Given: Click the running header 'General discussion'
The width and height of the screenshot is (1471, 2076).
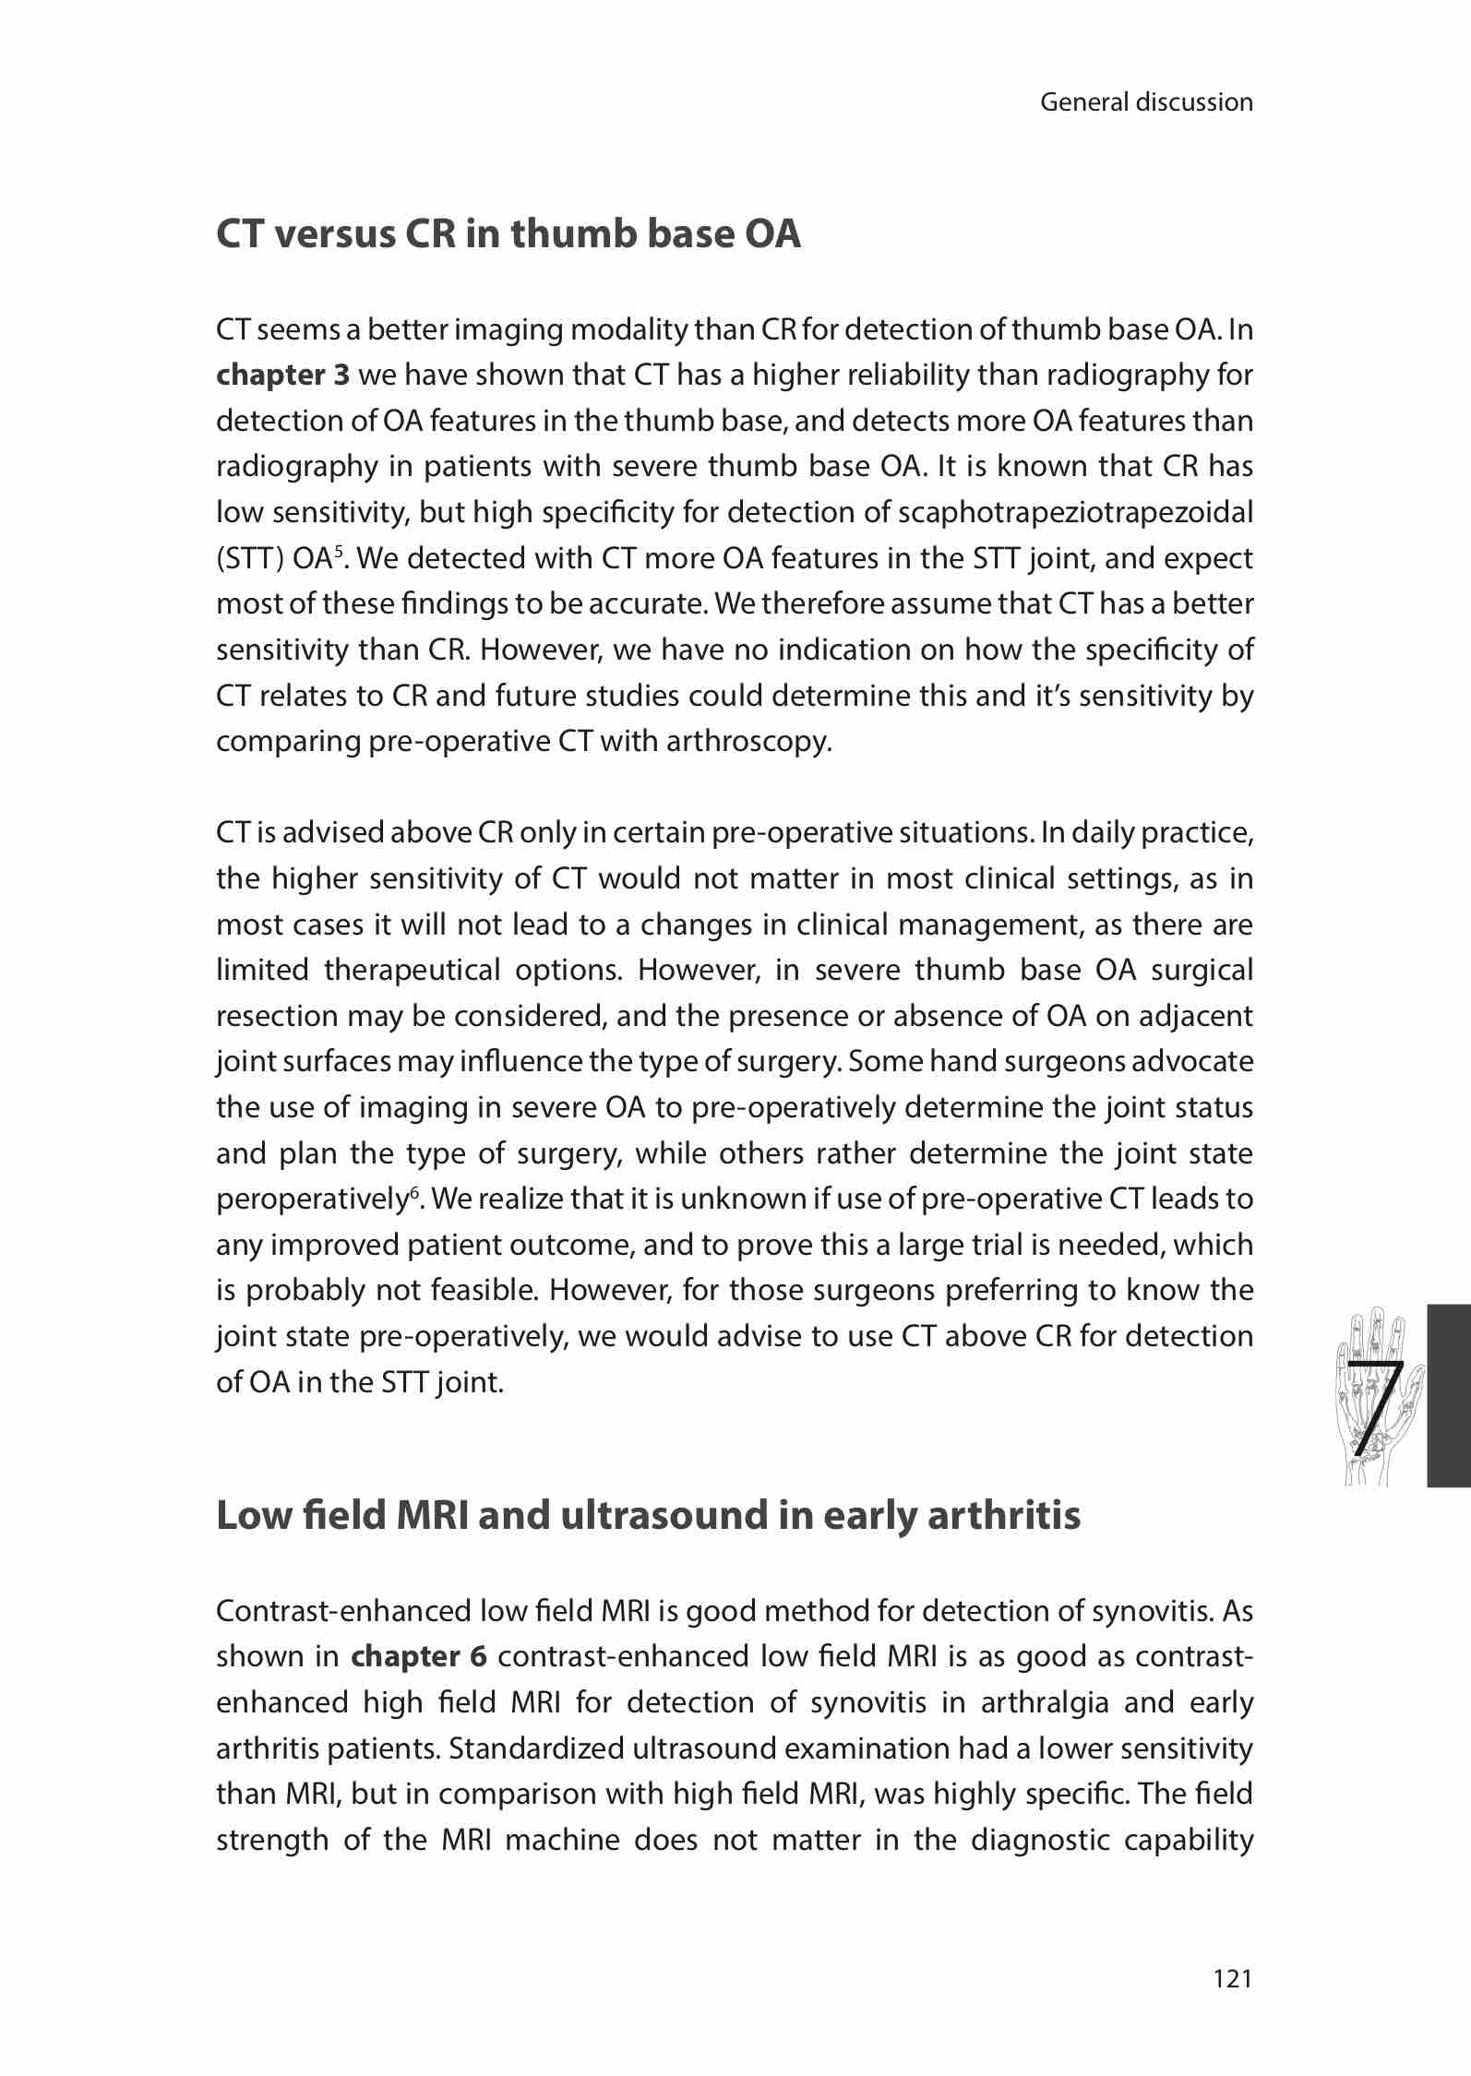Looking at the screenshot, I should click(1146, 102).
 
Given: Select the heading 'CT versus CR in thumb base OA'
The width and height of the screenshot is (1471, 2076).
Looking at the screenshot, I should click(508, 234).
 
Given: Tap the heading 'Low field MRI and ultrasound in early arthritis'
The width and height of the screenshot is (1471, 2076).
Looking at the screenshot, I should click(648, 1515).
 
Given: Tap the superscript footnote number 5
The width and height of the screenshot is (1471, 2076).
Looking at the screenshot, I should click(339, 552).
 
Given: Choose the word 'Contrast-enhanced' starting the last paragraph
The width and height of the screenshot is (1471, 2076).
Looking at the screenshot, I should click(342, 1611).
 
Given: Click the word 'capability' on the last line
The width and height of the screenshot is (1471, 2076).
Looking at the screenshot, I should click(1188, 1840).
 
